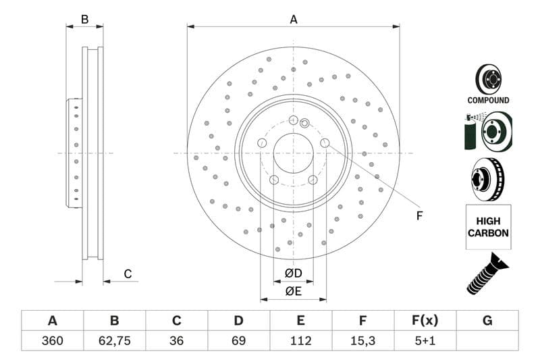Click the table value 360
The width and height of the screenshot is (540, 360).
pyautogui.click(x=52, y=340)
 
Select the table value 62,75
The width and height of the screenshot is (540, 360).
pyautogui.click(x=114, y=340)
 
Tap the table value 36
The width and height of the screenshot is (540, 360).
pyautogui.click(x=176, y=340)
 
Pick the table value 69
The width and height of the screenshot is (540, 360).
pyautogui.click(x=238, y=340)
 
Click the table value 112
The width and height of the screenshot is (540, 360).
pyautogui.click(x=300, y=340)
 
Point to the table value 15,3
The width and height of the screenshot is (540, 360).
pyautogui.click(x=362, y=340)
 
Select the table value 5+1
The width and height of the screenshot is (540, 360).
pyautogui.click(x=425, y=340)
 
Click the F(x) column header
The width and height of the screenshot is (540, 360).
pyautogui.click(x=425, y=321)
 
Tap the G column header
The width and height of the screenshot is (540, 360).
pyautogui.click(x=487, y=321)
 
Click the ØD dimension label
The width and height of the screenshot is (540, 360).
pyautogui.click(x=293, y=274)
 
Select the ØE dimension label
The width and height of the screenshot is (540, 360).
pyautogui.click(x=293, y=291)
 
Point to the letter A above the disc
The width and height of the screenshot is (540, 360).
pyautogui.click(x=294, y=20)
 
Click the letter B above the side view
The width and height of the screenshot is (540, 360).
pyautogui.click(x=84, y=20)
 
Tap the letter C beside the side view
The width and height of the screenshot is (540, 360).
pyautogui.click(x=127, y=274)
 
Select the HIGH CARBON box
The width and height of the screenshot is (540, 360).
pyautogui.click(x=487, y=226)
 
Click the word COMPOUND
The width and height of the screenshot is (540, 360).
pyautogui.click(x=488, y=100)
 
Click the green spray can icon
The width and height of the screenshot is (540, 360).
pyautogui.click(x=470, y=132)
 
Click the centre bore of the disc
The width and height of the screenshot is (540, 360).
pyautogui.click(x=293, y=153)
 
